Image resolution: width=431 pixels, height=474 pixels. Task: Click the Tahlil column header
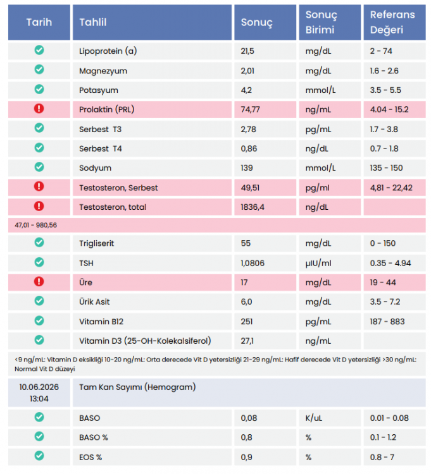click(x=93, y=22)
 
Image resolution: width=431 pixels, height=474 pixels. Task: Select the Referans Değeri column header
click(x=392, y=22)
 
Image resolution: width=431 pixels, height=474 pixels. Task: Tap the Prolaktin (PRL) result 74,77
click(x=250, y=109)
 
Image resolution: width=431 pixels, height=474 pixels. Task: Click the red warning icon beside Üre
click(x=39, y=282)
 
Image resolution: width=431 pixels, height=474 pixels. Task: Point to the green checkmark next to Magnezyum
click(x=39, y=70)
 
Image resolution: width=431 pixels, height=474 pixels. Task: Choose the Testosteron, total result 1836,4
click(x=253, y=207)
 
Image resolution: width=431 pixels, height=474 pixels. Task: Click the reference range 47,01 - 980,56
click(x=35, y=225)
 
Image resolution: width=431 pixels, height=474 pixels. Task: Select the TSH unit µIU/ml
click(x=318, y=264)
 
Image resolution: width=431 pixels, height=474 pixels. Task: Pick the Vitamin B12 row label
click(x=101, y=321)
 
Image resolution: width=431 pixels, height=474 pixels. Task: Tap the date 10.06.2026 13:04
click(x=39, y=392)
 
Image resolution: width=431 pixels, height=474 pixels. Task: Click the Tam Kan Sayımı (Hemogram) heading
click(x=137, y=387)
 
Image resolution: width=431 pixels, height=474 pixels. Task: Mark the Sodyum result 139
click(x=247, y=167)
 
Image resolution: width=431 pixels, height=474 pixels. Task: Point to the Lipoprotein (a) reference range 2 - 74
click(x=381, y=51)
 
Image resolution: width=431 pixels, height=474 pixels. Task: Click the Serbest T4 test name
click(x=101, y=149)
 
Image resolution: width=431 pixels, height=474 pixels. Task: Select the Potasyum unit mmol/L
click(x=320, y=90)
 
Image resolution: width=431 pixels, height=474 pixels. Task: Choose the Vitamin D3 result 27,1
click(x=247, y=341)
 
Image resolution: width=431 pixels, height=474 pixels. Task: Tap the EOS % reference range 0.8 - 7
click(x=382, y=457)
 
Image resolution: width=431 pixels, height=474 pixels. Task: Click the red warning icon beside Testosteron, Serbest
click(x=39, y=186)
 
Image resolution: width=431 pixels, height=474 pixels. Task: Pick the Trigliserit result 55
click(x=246, y=243)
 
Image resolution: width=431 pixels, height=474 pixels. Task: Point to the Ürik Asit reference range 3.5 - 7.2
click(x=385, y=301)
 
